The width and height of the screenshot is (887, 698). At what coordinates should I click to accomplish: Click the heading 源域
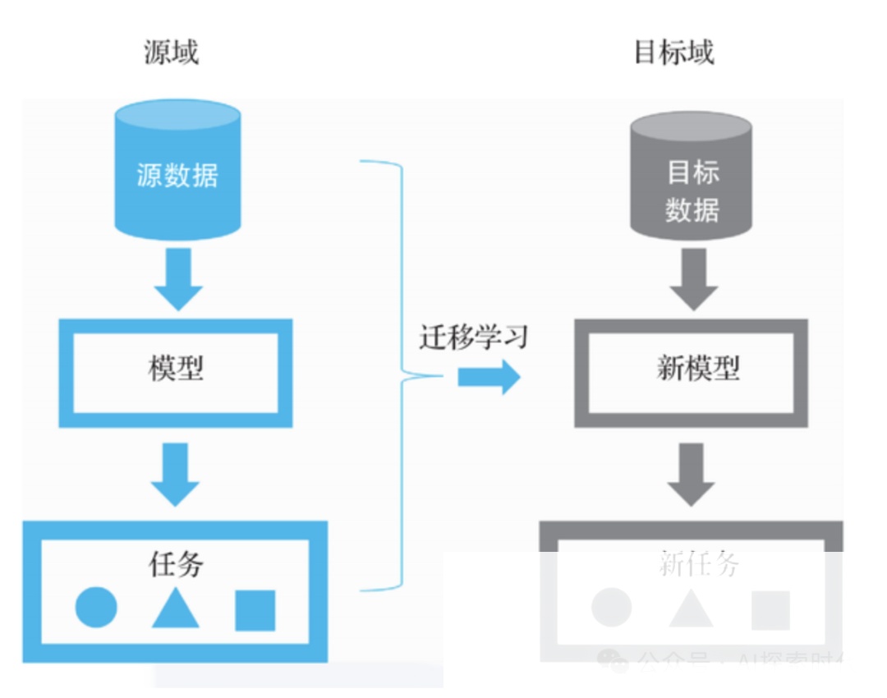pos(171,53)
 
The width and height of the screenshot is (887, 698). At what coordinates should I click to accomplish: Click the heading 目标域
pos(673,53)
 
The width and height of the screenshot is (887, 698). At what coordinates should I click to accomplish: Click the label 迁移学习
pos(473,336)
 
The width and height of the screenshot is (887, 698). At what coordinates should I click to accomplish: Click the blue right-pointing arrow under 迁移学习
pos(489,377)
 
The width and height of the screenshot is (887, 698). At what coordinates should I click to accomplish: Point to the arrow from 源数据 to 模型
pos(177,279)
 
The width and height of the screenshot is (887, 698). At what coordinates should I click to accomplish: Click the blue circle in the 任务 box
pos(96,608)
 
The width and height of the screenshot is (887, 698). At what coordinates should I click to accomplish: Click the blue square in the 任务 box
pos(255,610)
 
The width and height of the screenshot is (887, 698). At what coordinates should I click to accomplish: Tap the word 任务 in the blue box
pos(175,564)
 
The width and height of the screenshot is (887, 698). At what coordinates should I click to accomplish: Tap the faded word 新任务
pos(699,564)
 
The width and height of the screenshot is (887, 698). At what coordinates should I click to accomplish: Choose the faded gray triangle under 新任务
pos(691,609)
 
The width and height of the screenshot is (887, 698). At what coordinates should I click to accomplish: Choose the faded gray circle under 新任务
pos(612,608)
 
